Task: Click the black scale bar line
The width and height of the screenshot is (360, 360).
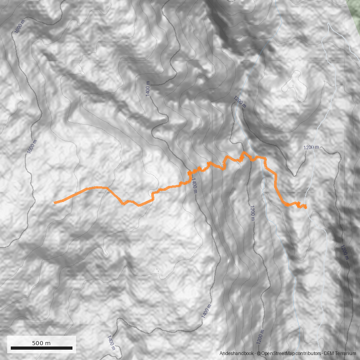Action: pos(41,348)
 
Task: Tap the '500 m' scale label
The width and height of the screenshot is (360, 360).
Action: pos(41,343)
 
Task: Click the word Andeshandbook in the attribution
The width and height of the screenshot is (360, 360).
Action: pos(237,354)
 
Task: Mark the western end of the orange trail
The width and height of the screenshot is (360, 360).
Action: pos(54,203)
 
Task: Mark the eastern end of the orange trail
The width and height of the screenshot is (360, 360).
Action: pos(306,207)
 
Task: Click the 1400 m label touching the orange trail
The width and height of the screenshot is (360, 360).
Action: pos(194,184)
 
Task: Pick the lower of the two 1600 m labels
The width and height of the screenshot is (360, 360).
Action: pos(31,147)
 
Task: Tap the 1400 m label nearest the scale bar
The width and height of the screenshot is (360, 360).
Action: pos(111,343)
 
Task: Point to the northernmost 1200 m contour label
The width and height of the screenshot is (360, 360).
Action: pos(240,102)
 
